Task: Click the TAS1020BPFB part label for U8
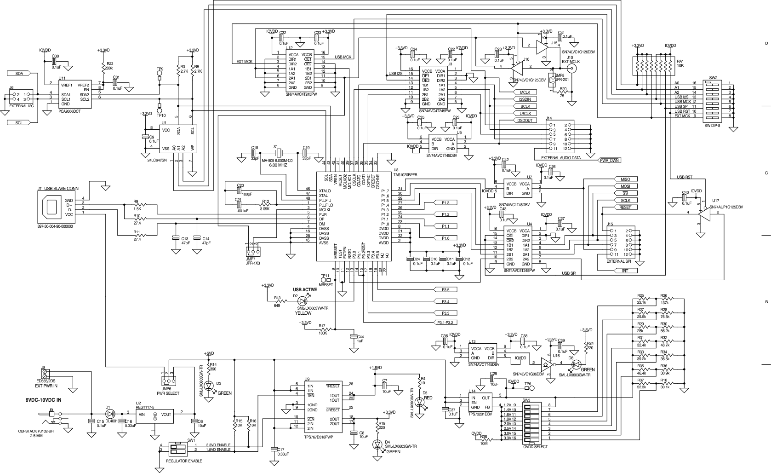point(405,175)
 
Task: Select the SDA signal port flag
point(19,73)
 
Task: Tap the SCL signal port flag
point(19,123)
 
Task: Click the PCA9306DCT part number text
point(69,111)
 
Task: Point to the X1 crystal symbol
point(277,153)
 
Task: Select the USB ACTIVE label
point(305,289)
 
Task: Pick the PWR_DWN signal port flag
point(610,161)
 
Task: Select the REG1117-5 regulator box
point(155,415)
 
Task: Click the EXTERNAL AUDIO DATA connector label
point(560,157)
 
